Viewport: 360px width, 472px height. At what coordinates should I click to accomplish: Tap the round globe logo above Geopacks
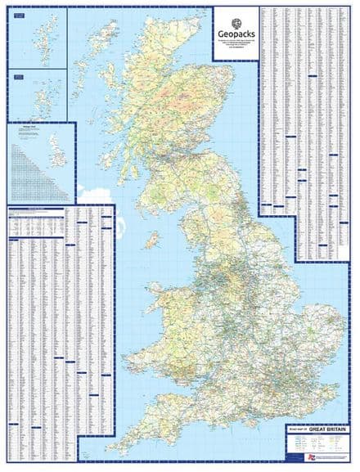(x=236, y=22)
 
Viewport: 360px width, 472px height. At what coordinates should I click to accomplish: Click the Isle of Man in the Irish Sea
(x=151, y=240)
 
